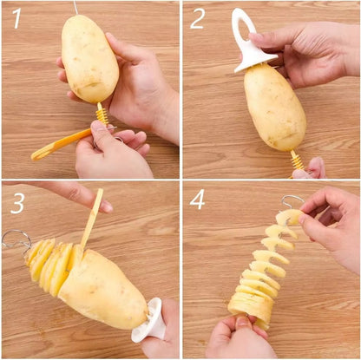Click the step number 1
point(16,17)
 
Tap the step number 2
point(197,18)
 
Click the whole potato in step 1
point(89,58)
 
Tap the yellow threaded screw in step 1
point(102,115)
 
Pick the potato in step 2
point(274,106)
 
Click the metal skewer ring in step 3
point(15,238)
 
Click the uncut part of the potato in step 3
point(108,285)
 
